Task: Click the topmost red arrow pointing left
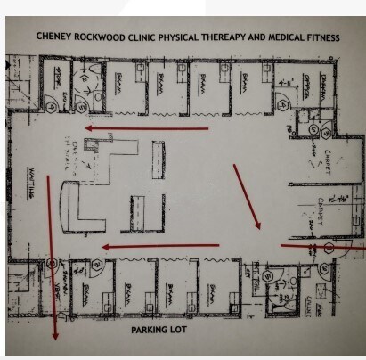pos(147,128)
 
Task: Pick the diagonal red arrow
pos(247,195)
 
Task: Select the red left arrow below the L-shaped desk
pos(160,246)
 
